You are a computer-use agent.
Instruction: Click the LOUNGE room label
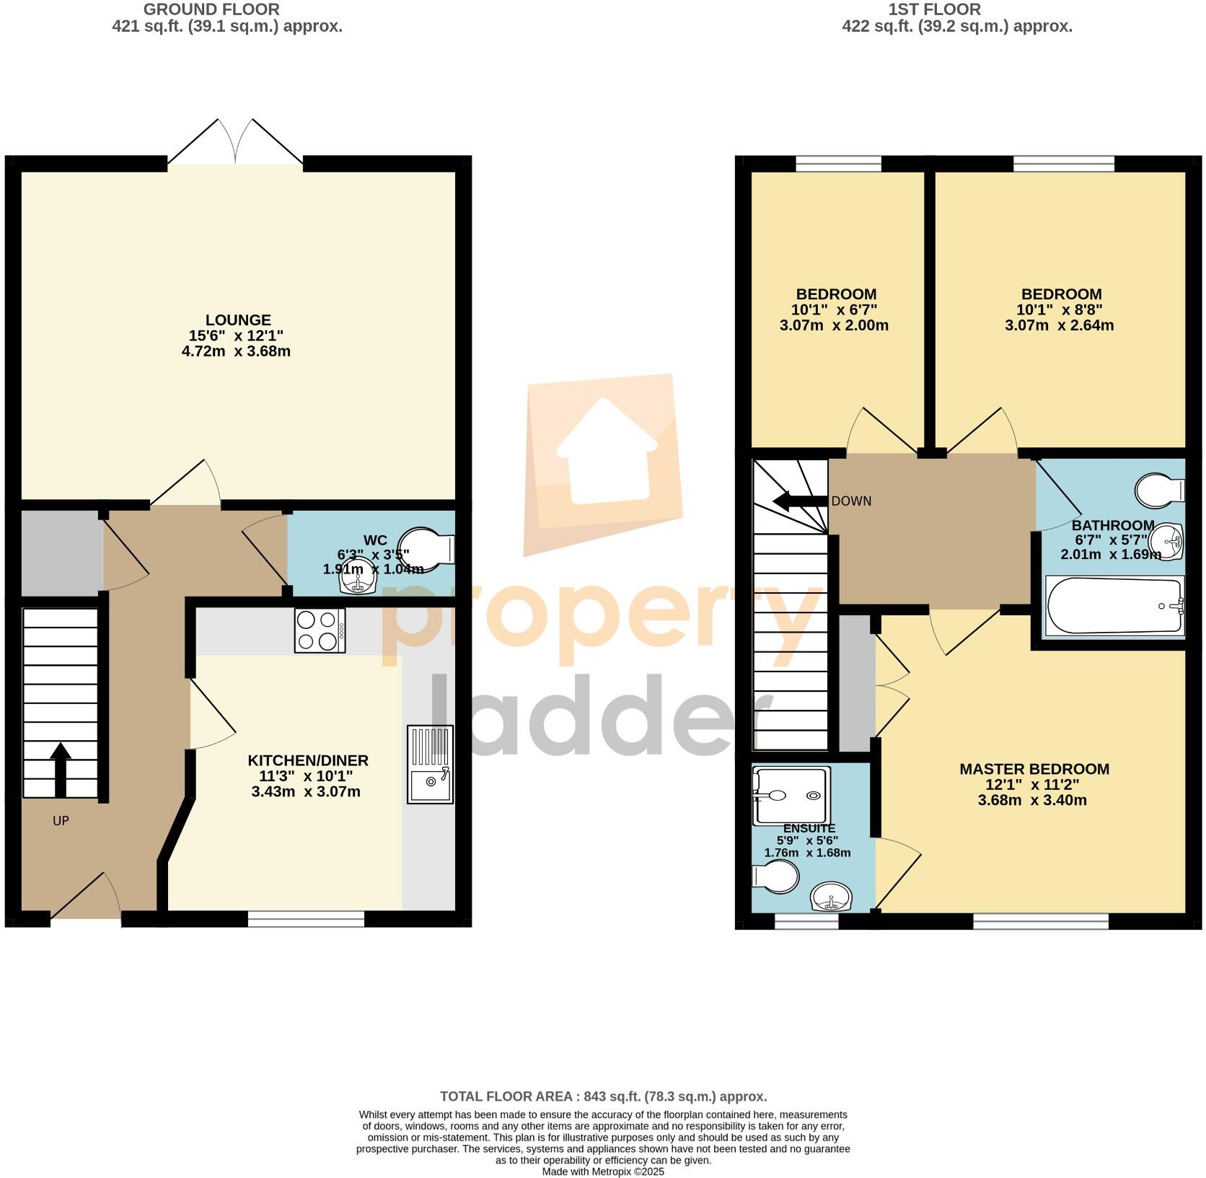coord(238,320)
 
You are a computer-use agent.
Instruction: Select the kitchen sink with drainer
coord(431,764)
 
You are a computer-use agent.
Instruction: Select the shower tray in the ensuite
coord(790,796)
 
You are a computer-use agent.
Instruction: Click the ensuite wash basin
coord(831,898)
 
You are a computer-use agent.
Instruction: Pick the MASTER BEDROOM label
coord(1034,769)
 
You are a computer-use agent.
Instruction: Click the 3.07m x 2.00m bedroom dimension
coord(834,325)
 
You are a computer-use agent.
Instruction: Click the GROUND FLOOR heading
coord(211,9)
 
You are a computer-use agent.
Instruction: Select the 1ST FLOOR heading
coord(933,9)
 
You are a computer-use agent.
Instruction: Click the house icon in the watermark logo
coord(606,451)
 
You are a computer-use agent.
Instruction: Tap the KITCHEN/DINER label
coord(308,760)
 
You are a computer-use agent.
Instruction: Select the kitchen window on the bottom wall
coord(306,918)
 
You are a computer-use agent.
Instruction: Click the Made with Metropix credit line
coord(603,1172)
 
